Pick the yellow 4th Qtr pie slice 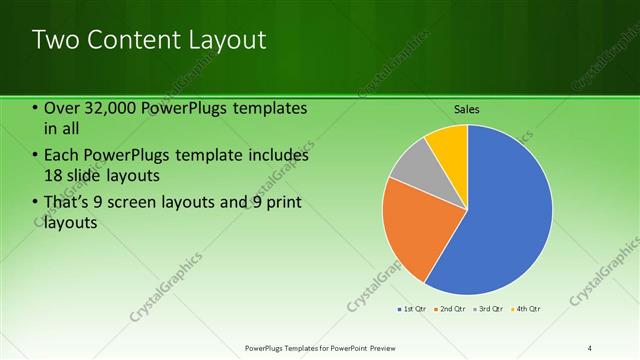pos(450,145)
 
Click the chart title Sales pos(467,107)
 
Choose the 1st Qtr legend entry pos(413,309)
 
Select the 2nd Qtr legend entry pos(451,309)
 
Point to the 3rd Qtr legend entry pos(489,309)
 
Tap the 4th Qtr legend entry pos(526,309)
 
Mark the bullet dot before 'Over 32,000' pos(35,108)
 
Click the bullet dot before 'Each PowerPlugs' pos(35,156)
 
